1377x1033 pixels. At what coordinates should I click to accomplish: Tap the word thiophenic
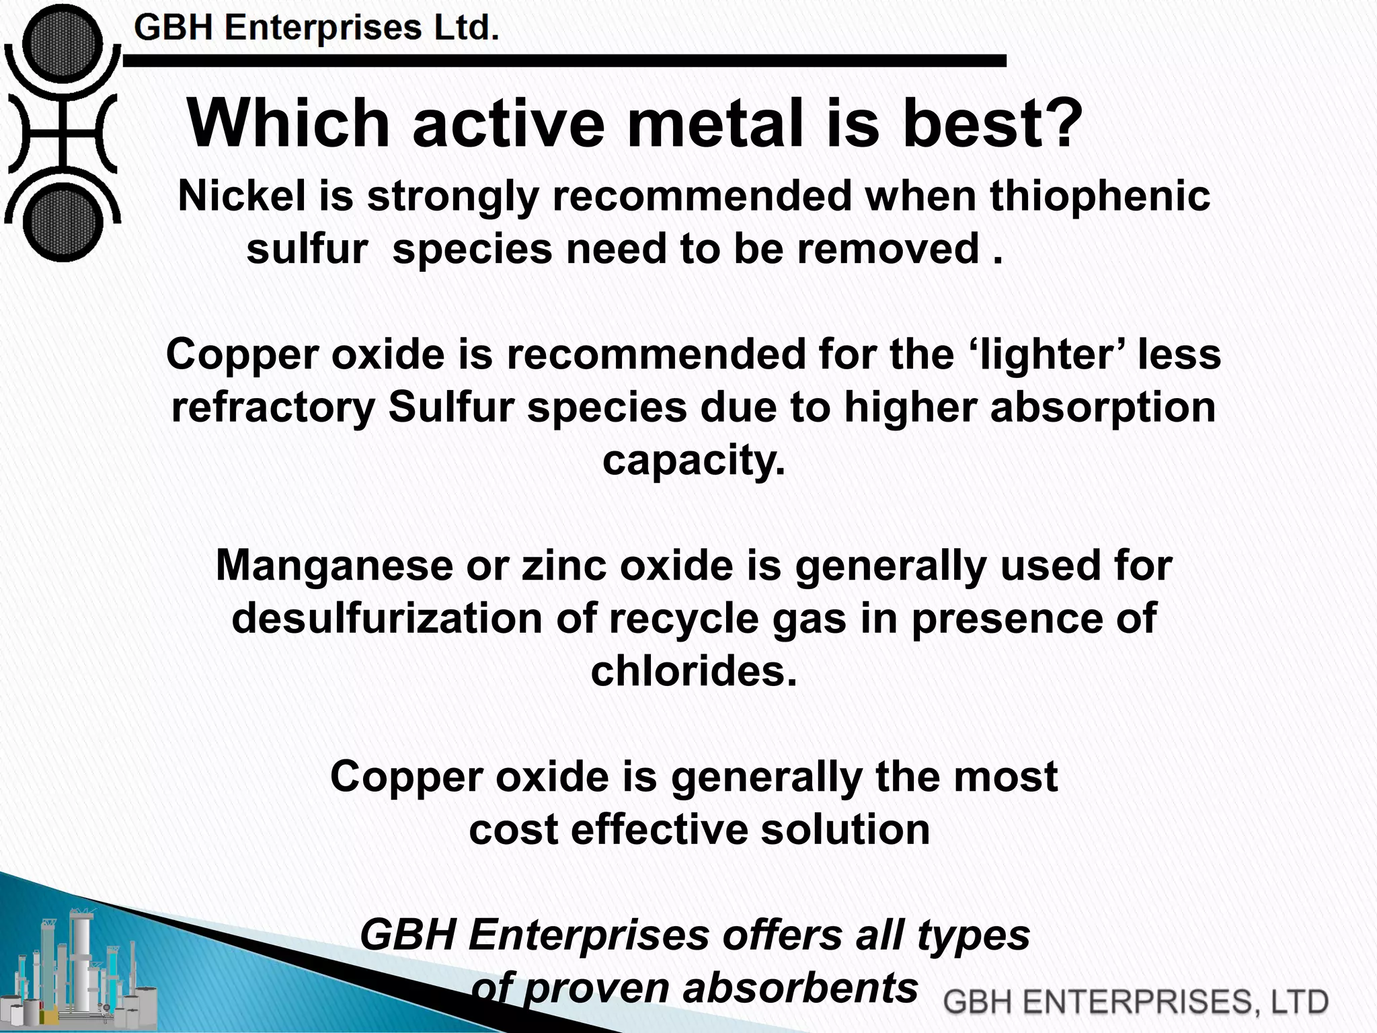pyautogui.click(x=1100, y=196)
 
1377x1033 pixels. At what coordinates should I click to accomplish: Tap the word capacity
pyautogui.click(x=694, y=461)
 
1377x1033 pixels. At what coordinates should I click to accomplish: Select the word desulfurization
pyautogui.click(x=387, y=618)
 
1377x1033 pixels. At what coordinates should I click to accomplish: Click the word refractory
pyautogui.click(x=272, y=408)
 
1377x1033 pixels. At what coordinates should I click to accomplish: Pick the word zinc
pyautogui.click(x=563, y=566)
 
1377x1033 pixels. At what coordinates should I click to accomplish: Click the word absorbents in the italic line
pyautogui.click(x=800, y=988)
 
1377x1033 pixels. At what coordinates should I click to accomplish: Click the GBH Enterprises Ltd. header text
pyautogui.click(x=317, y=29)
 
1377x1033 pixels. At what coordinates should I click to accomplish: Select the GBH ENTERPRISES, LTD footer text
pyautogui.click(x=1135, y=1001)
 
